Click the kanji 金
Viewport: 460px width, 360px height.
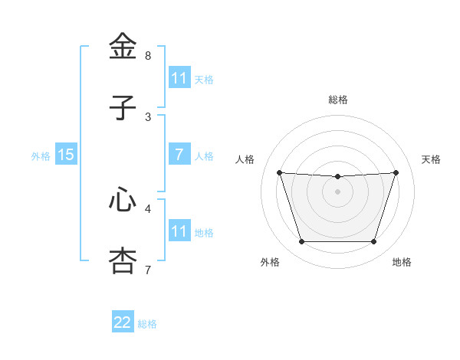[123, 47]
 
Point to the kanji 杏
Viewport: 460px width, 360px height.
[123, 260]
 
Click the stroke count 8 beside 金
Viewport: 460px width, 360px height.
[148, 56]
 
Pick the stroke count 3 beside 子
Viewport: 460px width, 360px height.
[148, 117]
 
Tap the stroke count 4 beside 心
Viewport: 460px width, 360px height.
[148, 208]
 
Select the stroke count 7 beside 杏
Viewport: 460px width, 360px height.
[148, 270]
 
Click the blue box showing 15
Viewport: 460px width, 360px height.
[65, 155]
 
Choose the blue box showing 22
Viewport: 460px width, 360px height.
[123, 322]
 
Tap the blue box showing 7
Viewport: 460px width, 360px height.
[179, 155]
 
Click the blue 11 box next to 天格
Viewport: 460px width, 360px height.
[179, 78]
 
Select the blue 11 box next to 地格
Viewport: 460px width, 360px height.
[179, 231]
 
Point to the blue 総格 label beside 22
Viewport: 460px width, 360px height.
[147, 324]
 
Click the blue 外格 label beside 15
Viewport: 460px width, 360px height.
[41, 156]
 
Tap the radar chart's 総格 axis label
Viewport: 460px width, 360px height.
[338, 100]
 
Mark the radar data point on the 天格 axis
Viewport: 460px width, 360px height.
[396, 172]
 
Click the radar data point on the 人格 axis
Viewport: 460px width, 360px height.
[279, 172]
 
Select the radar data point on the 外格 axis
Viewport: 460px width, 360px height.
[301, 242]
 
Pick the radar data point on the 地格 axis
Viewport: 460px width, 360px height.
[373, 242]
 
